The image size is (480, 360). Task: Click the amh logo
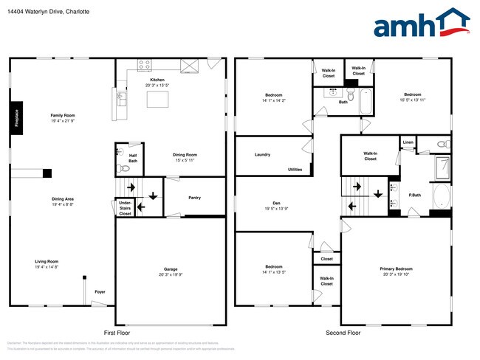pyautogui.click(x=422, y=24)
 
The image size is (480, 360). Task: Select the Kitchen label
pyautogui.click(x=157, y=80)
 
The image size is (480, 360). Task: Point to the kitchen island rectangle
pyautogui.click(x=158, y=100)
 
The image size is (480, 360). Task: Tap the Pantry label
pyautogui.click(x=194, y=198)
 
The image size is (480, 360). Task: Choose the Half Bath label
pyautogui.click(x=133, y=157)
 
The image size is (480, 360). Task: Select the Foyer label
pyautogui.click(x=99, y=292)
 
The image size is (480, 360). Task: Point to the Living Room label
pyautogui.click(x=47, y=262)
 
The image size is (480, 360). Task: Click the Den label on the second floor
pyautogui.click(x=276, y=203)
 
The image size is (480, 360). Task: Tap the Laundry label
pyautogui.click(x=262, y=155)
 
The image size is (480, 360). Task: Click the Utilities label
pyautogui.click(x=295, y=170)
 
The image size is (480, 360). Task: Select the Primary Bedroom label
pyautogui.click(x=396, y=269)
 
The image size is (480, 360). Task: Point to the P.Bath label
pyautogui.click(x=414, y=195)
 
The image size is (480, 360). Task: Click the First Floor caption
pyautogui.click(x=118, y=333)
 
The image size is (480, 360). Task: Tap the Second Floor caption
pyautogui.click(x=343, y=333)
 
